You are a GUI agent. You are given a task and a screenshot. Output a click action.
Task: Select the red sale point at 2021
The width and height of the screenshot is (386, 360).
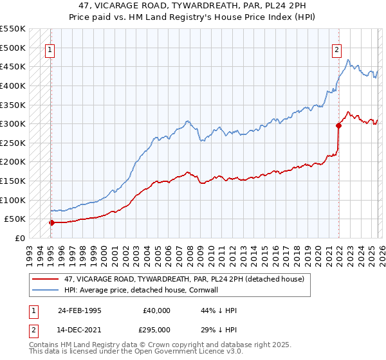338,126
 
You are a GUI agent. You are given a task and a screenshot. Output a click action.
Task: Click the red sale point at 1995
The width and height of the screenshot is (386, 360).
51,222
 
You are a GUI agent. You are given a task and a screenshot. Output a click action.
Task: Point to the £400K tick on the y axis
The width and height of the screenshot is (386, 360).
13,85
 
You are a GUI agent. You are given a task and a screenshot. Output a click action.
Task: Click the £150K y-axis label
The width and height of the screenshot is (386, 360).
13,181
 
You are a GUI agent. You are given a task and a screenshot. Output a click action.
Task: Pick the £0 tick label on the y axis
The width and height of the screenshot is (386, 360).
19,238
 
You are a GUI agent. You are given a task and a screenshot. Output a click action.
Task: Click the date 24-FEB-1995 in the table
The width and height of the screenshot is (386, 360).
79,310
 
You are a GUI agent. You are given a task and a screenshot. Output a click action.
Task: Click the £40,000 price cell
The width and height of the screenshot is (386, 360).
156,310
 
